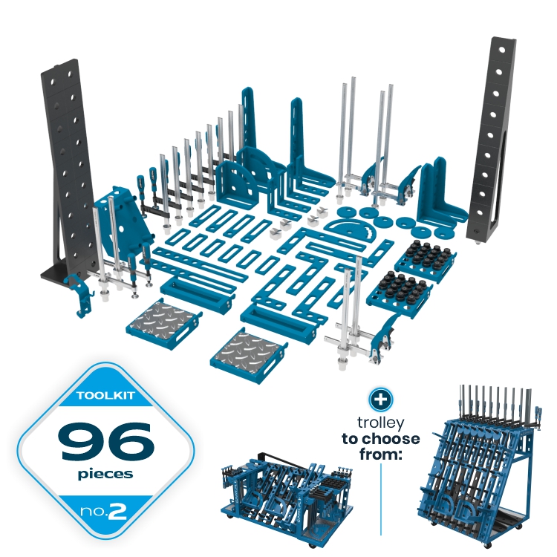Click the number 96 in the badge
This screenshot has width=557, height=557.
pyautogui.click(x=106, y=441)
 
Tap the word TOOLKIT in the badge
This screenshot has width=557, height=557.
pyautogui.click(x=105, y=395)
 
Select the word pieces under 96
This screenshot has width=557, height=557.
pyautogui.click(x=105, y=475)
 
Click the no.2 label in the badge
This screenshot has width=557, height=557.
pyautogui.click(x=103, y=511)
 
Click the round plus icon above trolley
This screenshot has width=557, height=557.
pyautogui.click(x=380, y=400)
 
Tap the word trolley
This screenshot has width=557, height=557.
pyautogui.click(x=380, y=423)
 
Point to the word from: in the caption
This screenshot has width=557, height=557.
pyautogui.click(x=380, y=454)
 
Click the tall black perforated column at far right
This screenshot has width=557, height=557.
pyautogui.click(x=492, y=140)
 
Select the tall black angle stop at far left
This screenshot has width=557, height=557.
pyautogui.click(x=68, y=171)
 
